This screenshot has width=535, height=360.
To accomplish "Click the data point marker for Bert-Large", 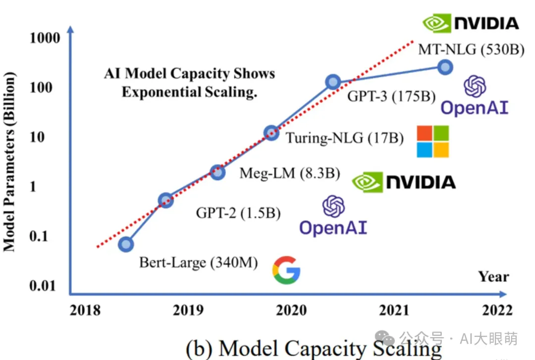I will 126,244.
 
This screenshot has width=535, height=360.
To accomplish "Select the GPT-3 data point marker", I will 333,82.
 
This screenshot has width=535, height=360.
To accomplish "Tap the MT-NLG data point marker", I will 445,67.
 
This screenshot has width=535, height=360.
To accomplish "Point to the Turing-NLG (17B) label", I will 345,137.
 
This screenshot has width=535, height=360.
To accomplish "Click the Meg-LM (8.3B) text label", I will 290,173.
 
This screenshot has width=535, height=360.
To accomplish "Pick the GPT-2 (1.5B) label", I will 238,213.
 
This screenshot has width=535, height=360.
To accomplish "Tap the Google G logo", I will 286,270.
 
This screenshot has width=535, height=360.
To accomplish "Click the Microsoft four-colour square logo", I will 432,141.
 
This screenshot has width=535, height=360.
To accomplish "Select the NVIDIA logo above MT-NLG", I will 471,23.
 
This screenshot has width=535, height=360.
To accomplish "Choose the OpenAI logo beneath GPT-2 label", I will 333,215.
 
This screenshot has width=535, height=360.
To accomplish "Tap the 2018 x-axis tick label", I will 85,310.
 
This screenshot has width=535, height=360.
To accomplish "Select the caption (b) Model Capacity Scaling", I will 314,348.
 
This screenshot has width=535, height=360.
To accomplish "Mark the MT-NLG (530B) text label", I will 471,50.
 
